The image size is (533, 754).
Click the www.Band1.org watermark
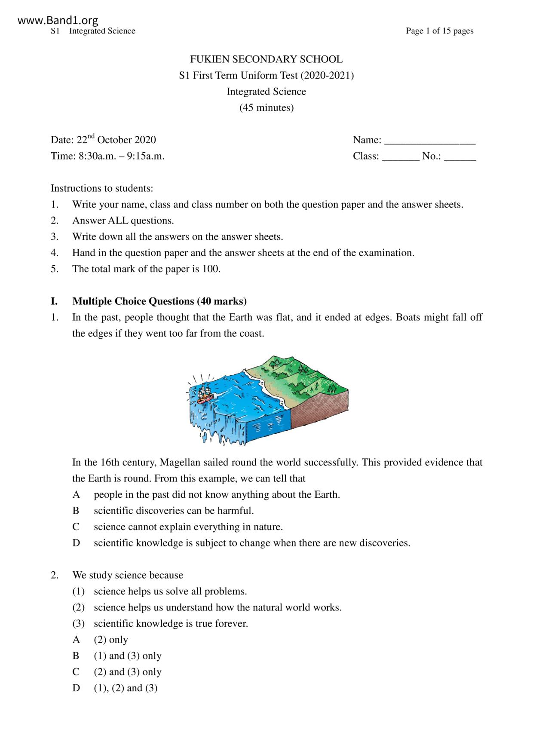tap(58, 20)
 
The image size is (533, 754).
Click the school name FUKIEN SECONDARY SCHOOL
tap(266, 59)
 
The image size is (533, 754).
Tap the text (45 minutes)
tap(266, 107)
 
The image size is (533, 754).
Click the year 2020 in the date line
tap(145, 140)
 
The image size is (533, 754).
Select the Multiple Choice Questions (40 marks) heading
tap(159, 301)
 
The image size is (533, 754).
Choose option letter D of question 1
tap(76, 543)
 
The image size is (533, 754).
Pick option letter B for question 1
tap(76, 511)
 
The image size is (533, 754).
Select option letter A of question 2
tap(76, 640)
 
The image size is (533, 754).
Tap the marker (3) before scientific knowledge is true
tap(78, 623)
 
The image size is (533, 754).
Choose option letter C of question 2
tap(76, 672)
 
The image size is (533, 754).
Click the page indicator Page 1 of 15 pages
tap(439, 31)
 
